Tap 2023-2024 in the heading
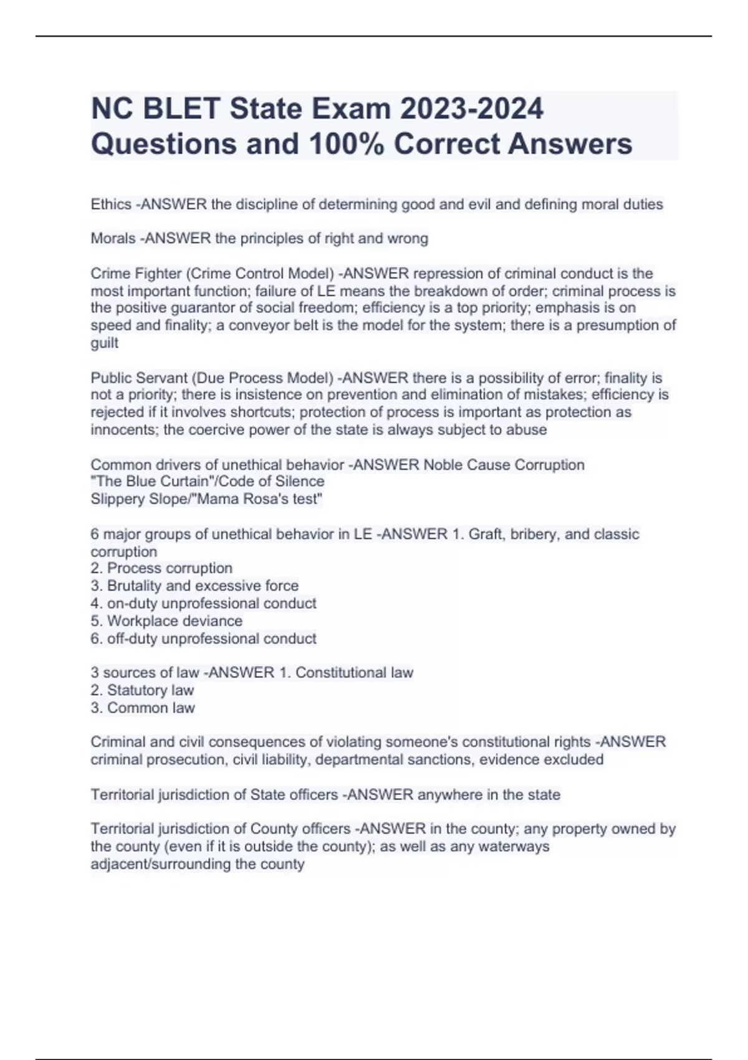472,108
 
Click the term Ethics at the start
111,205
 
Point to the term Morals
113,238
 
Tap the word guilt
104,343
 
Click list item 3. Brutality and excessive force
194,586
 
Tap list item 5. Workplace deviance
166,621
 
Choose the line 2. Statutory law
142,690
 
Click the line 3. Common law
143,708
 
